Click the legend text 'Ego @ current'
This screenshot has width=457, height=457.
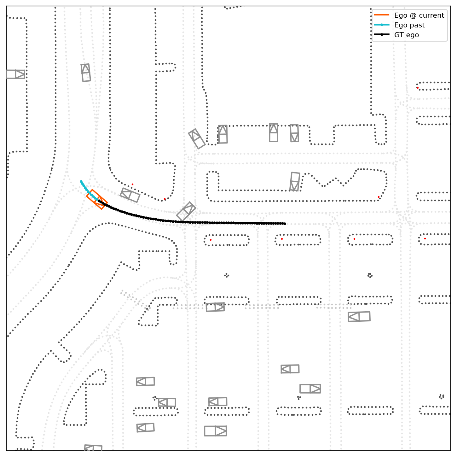coord(419,15)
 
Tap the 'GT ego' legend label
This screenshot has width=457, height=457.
coord(407,35)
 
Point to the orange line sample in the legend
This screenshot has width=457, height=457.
coord(382,15)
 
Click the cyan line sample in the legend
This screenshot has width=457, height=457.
coord(382,25)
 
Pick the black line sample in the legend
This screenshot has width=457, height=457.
coord(382,35)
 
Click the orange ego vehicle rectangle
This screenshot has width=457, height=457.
coord(97,199)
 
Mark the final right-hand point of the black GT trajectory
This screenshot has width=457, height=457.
coord(285,224)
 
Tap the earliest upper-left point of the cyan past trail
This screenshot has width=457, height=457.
coord(81,181)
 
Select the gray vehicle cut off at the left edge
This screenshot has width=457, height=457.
coord(15,74)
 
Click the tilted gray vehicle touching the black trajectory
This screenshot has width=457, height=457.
coord(186,211)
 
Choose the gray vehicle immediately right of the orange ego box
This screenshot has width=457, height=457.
coord(130,195)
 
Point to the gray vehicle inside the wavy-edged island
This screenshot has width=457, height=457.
coord(295,181)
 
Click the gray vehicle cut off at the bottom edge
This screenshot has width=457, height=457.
coord(93,448)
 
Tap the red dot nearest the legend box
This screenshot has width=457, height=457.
coord(417,88)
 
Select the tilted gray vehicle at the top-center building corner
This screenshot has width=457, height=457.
coord(197,139)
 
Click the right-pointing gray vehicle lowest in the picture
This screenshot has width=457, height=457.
coord(215,431)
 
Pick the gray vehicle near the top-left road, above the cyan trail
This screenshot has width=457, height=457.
coord(86,73)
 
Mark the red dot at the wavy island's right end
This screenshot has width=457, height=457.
coord(379,197)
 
